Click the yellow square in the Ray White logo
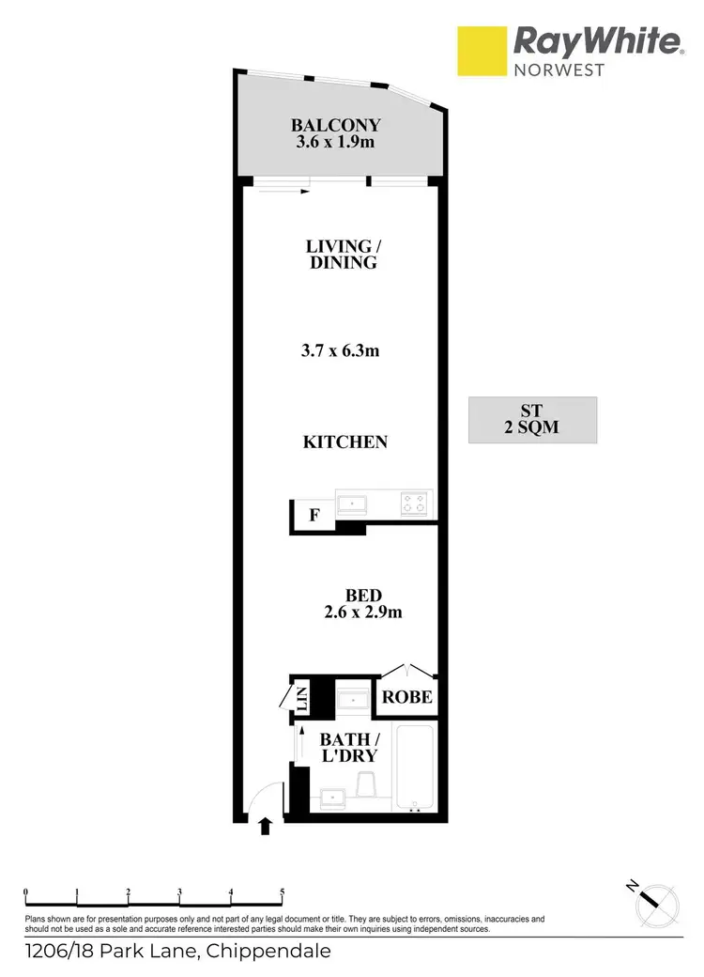(482, 51)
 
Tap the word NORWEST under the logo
(558, 70)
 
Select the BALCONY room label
(335, 125)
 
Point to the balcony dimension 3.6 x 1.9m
(335, 144)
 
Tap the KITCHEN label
(344, 442)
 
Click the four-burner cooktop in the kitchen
(414, 504)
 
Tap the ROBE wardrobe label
(407, 696)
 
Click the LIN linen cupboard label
(302, 698)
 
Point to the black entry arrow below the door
(266, 827)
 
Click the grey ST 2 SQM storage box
(532, 419)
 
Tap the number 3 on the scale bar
(179, 892)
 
